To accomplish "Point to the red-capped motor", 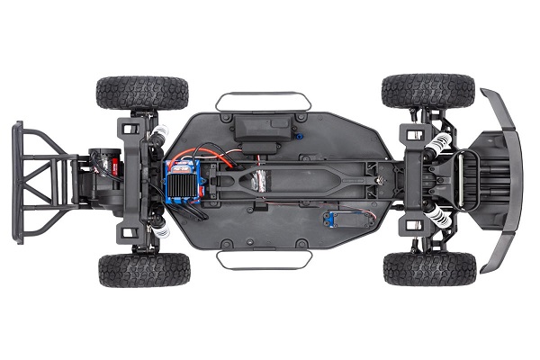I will tap(108, 165).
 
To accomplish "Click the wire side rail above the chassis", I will tap(263, 100).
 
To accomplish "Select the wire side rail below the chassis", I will tap(263, 259).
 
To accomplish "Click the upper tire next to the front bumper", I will tap(427, 91).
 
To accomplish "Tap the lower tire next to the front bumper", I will tap(429, 268).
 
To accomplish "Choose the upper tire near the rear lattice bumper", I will tap(142, 92).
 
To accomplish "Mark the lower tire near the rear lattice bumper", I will tap(144, 269).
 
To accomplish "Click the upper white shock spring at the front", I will tap(438, 144).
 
